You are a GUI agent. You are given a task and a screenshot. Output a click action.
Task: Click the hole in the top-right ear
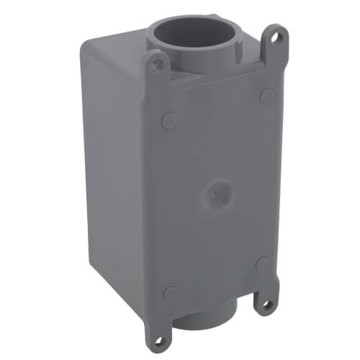[x=275, y=35]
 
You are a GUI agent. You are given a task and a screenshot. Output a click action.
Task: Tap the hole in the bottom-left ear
[x=157, y=343]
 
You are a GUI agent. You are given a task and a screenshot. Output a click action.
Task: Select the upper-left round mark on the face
[x=168, y=120]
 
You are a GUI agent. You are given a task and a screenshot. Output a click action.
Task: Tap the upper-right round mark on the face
[x=266, y=96]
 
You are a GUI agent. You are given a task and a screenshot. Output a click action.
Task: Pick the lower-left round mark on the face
[x=171, y=292]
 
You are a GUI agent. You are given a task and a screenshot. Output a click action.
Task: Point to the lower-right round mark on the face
[x=262, y=264]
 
